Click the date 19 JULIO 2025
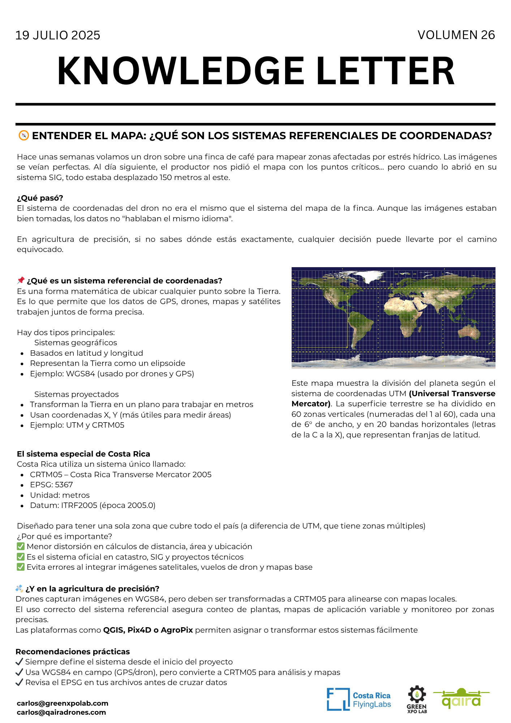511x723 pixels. point(58,35)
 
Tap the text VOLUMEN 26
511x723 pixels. point(456,35)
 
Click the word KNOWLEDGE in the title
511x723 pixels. point(181,71)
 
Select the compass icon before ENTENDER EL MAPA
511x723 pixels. point(23,136)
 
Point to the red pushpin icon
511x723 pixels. point(21,280)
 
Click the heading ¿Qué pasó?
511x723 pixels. point(40,198)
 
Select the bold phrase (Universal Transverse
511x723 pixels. point(452,394)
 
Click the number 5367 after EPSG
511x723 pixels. point(64,485)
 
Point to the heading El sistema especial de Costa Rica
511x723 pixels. point(83,454)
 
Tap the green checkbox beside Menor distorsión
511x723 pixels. point(21,546)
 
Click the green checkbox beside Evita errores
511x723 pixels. point(21,567)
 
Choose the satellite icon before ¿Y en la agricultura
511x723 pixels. point(20,589)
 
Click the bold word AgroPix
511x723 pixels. point(177,630)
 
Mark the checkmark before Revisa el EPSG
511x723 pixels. point(20,683)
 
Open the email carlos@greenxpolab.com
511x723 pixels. point(63,703)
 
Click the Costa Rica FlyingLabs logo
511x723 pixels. point(359,700)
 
